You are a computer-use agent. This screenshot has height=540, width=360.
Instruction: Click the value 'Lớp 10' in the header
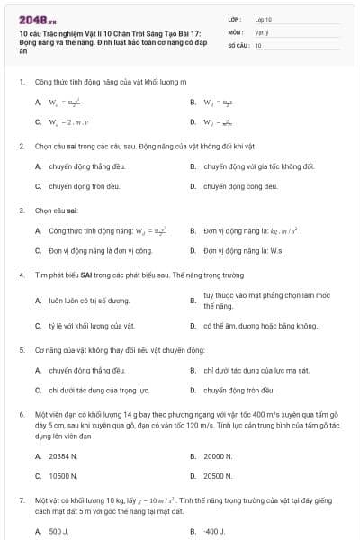coord(264,18)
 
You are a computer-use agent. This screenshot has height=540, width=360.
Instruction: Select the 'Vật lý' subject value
coord(262,31)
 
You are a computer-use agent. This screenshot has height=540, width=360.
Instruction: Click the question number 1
coord(21,82)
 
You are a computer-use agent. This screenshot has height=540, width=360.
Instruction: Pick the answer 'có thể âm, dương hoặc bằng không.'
coord(261,325)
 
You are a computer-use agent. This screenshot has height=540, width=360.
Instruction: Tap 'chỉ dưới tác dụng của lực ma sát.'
coord(251,370)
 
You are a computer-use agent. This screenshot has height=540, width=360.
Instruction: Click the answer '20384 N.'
coord(63,456)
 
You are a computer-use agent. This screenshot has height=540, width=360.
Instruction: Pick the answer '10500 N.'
coord(63,476)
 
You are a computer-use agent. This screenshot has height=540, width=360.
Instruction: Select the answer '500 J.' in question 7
coord(58,532)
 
